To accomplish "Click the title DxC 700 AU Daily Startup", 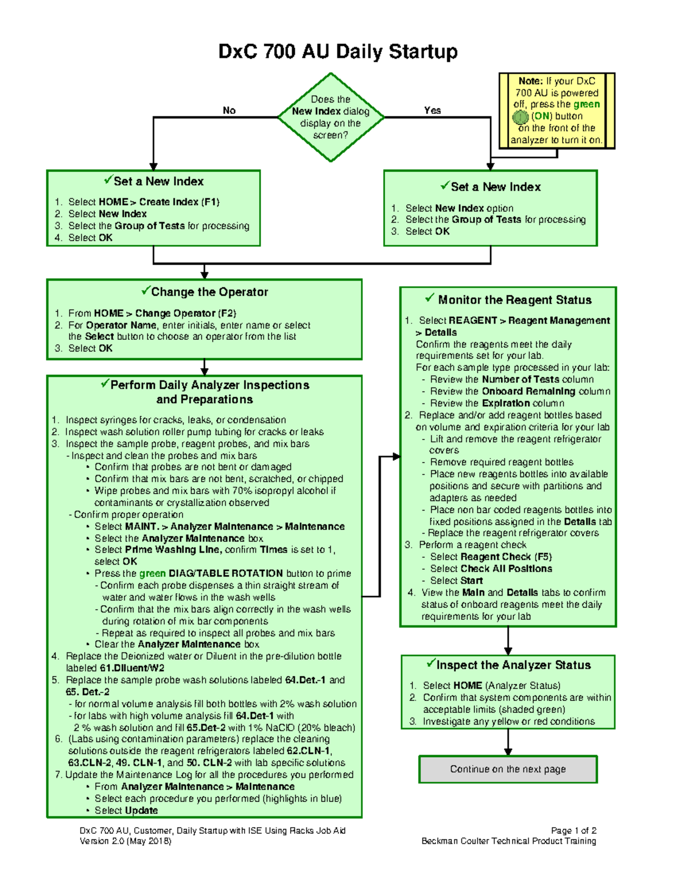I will tap(337, 52).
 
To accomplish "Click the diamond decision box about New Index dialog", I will tap(331, 117).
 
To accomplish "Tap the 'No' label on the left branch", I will tap(229, 110).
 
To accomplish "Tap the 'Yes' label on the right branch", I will tap(432, 110).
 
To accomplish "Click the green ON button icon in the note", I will tap(520, 117).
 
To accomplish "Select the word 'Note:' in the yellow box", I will tap(530, 81).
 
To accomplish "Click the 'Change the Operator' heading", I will tap(210, 292).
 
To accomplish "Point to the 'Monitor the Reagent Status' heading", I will tap(514, 300).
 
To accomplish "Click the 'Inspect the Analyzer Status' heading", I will tap(513, 665).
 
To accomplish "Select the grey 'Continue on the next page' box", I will tap(508, 769).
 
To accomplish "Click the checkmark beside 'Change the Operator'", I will tap(145, 291).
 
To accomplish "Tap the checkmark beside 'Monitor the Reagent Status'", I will tap(430, 297).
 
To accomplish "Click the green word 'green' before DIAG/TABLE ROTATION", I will tap(152, 573).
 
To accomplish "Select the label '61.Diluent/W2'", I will tap(132, 668).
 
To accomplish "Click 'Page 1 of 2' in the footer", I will tap(573, 830).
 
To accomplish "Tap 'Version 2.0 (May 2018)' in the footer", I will tap(125, 841).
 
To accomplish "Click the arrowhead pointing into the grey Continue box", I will tap(508, 752).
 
